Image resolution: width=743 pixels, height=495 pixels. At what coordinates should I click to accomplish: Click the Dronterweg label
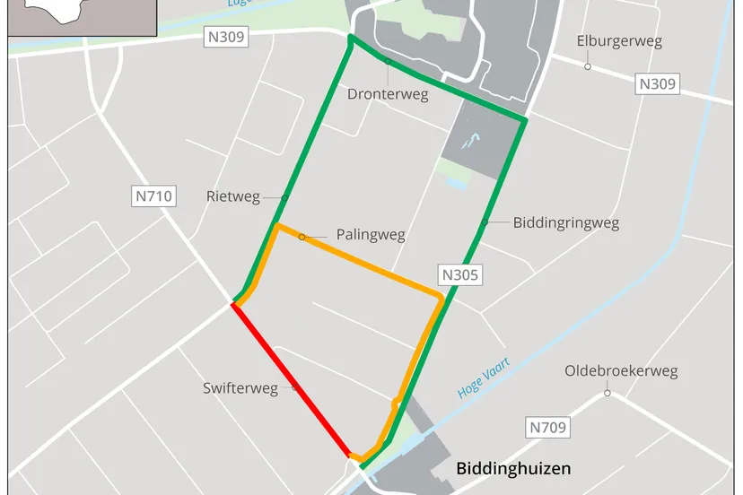(x=388, y=94)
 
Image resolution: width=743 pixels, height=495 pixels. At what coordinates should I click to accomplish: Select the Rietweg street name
(x=232, y=196)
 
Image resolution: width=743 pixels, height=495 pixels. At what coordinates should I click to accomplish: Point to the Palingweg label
(x=371, y=235)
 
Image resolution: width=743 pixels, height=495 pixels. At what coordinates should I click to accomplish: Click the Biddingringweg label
(x=566, y=222)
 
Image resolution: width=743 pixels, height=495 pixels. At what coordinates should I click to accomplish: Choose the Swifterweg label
(x=240, y=388)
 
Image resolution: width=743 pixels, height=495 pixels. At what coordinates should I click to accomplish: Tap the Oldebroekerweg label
(x=621, y=371)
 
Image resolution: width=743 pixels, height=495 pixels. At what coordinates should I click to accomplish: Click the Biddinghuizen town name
(x=513, y=468)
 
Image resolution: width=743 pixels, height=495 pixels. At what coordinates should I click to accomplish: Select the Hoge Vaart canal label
(x=484, y=378)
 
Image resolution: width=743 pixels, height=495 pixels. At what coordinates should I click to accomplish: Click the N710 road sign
(x=154, y=195)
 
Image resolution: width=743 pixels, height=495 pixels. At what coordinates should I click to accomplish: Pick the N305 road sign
(x=459, y=275)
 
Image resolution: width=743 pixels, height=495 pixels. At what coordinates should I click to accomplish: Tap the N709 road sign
(x=547, y=428)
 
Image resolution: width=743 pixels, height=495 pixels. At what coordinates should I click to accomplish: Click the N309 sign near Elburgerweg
(x=658, y=84)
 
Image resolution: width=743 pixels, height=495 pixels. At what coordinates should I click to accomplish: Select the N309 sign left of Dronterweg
(x=226, y=37)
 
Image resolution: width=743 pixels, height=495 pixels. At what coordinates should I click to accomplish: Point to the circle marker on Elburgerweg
(x=588, y=66)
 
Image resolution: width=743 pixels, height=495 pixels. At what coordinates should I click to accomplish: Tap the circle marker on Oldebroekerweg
(x=608, y=393)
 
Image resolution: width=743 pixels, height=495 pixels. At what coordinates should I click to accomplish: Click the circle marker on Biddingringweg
(x=485, y=222)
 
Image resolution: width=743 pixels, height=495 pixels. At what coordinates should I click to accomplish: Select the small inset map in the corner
(x=82, y=17)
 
